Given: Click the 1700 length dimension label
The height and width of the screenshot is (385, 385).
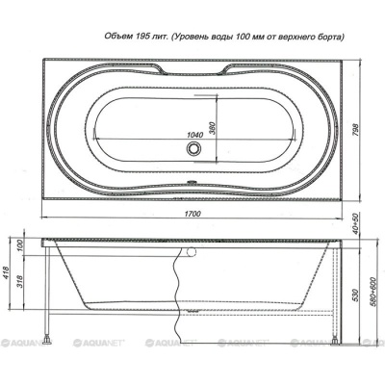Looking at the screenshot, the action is (192, 214).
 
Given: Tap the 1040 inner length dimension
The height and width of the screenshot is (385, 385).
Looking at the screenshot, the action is (195, 135).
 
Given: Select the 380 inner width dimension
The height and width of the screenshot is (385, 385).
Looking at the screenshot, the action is (213, 128).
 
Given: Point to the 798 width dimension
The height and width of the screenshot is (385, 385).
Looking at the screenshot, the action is (356, 130).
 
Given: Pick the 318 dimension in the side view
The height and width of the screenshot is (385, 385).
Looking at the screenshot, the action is (20, 282).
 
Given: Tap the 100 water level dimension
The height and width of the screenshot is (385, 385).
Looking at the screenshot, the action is (20, 246).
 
